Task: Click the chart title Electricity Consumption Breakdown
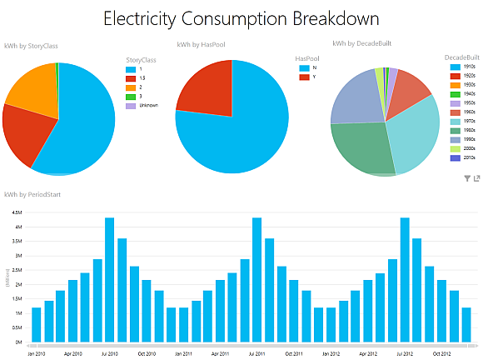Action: (x=241, y=17)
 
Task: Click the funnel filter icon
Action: (x=466, y=178)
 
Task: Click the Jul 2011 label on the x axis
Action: (x=256, y=352)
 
